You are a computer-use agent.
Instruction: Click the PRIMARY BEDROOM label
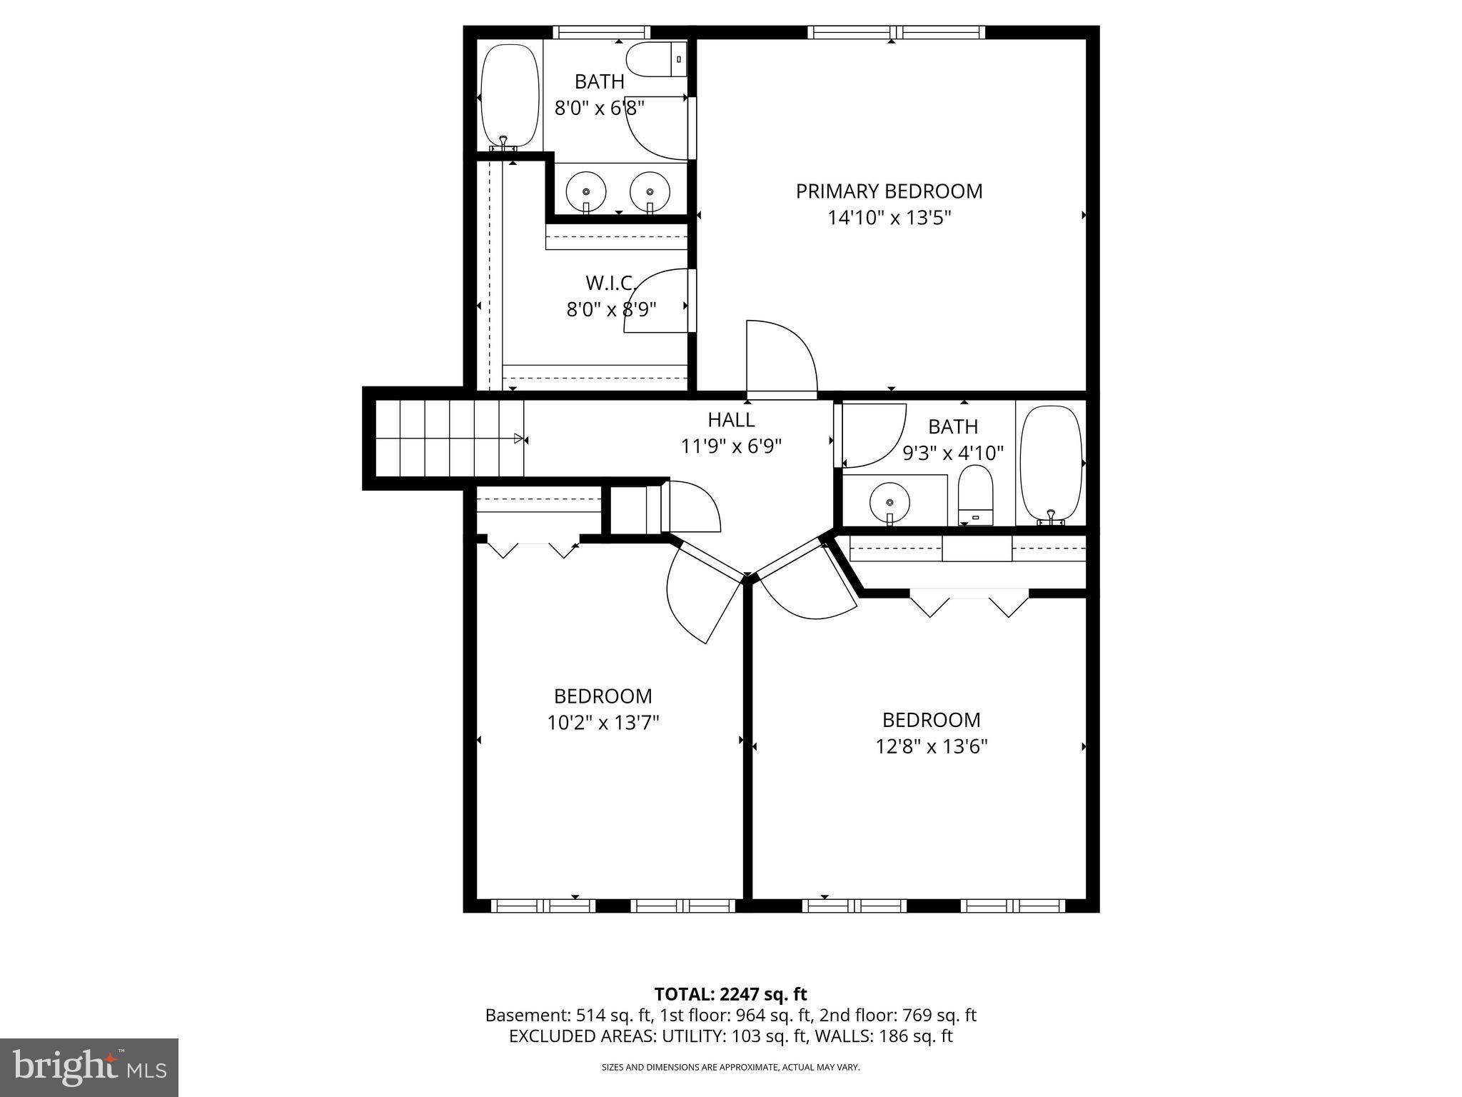(x=889, y=191)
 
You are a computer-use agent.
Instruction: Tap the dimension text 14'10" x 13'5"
(x=889, y=218)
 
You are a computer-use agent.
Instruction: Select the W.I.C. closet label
(x=611, y=284)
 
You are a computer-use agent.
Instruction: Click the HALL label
(x=731, y=419)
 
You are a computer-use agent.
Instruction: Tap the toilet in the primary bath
(x=655, y=59)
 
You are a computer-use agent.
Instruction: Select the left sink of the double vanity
(x=586, y=191)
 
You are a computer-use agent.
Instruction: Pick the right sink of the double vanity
(x=650, y=191)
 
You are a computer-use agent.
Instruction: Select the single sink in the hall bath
(x=889, y=501)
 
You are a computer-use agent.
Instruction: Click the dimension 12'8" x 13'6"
(x=931, y=747)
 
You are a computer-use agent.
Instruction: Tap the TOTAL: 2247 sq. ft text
(x=730, y=994)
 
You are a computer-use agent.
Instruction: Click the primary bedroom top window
(x=897, y=32)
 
